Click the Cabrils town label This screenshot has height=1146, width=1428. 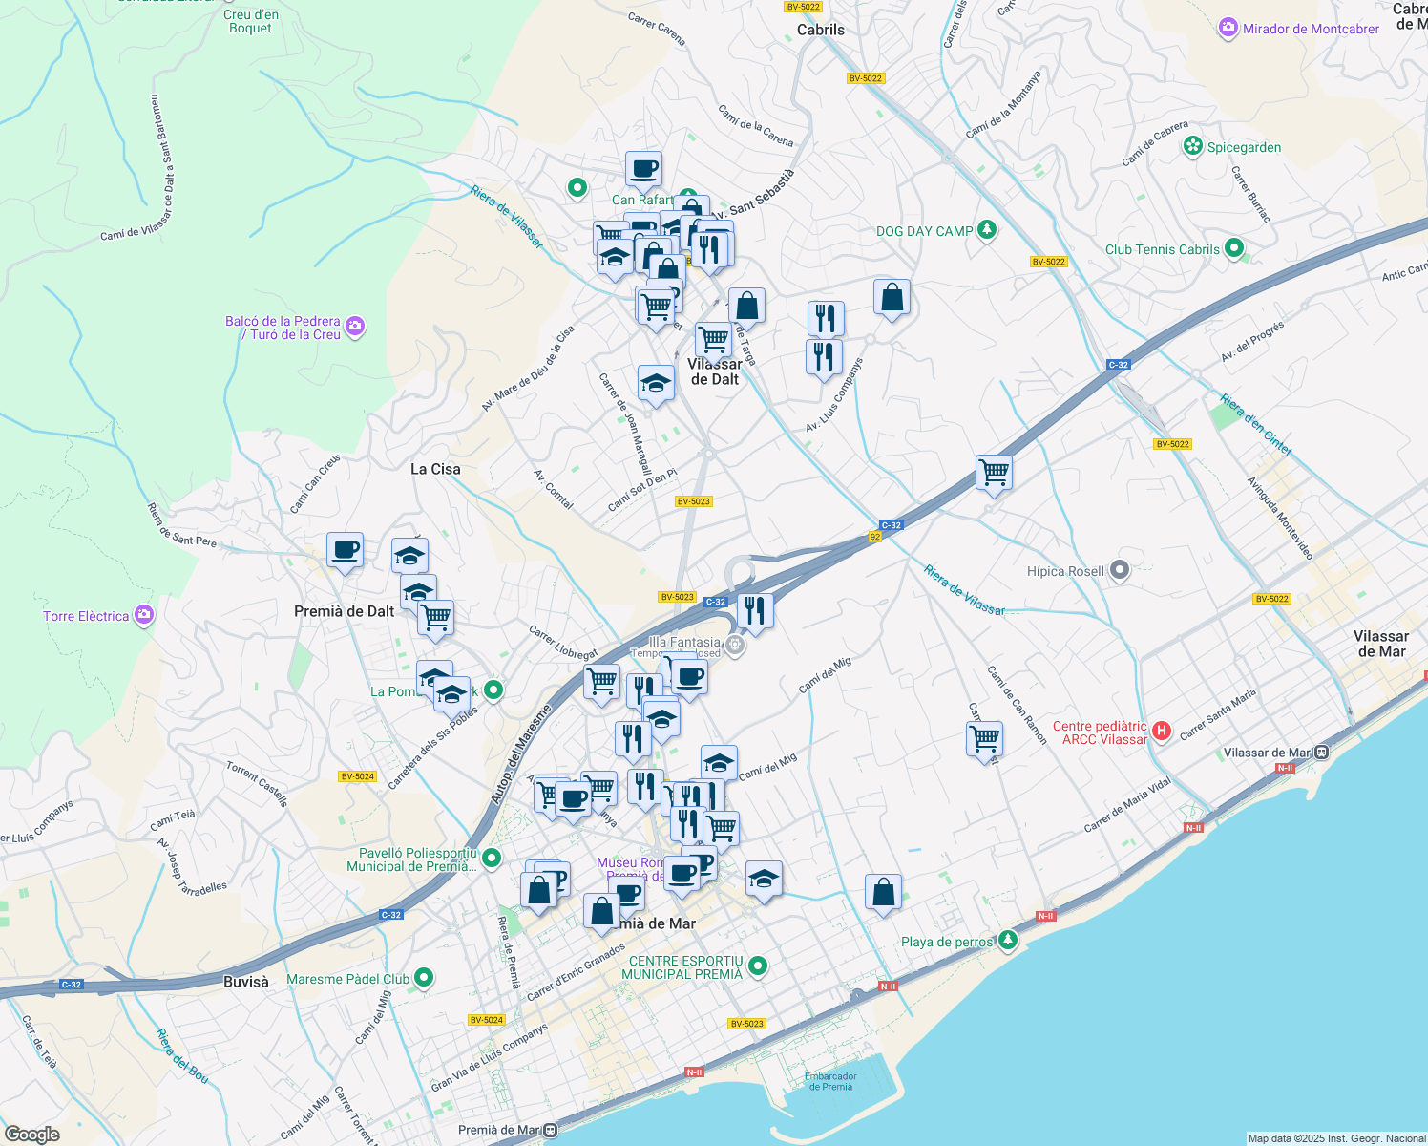pyautogui.click(x=820, y=30)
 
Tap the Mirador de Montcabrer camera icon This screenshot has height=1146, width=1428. pyautogui.click(x=1228, y=29)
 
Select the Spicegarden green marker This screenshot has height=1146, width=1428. pyautogui.click(x=1192, y=146)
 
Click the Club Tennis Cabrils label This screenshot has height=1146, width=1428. pyautogui.click(x=1162, y=249)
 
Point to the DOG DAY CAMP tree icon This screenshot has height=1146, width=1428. pyautogui.click(x=987, y=230)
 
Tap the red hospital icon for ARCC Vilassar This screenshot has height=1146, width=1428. pyautogui.click(x=1161, y=732)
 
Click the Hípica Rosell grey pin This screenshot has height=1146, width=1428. pyautogui.click(x=1120, y=571)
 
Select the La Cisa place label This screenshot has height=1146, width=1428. pyautogui.click(x=435, y=469)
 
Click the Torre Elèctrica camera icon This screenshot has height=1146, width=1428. pyautogui.click(x=143, y=615)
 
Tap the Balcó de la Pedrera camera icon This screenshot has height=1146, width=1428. pyautogui.click(x=355, y=328)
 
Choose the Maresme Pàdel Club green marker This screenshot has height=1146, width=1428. pyautogui.click(x=424, y=978)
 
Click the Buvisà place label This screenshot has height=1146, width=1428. pyautogui.click(x=246, y=981)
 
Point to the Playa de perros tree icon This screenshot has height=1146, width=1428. pyautogui.click(x=1007, y=941)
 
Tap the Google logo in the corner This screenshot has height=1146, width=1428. pyautogui.click(x=31, y=1134)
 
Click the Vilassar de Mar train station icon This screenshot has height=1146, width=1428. pyautogui.click(x=1321, y=753)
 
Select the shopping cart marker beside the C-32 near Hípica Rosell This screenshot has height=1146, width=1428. pyautogui.click(x=994, y=472)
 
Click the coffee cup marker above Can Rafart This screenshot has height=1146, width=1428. pyautogui.click(x=643, y=169)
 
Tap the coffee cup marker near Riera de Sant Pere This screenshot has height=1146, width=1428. pyautogui.click(x=345, y=550)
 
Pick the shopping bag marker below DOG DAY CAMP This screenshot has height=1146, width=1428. pyautogui.click(x=892, y=298)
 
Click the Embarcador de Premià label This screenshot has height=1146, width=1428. pyautogui.click(x=829, y=1081)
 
